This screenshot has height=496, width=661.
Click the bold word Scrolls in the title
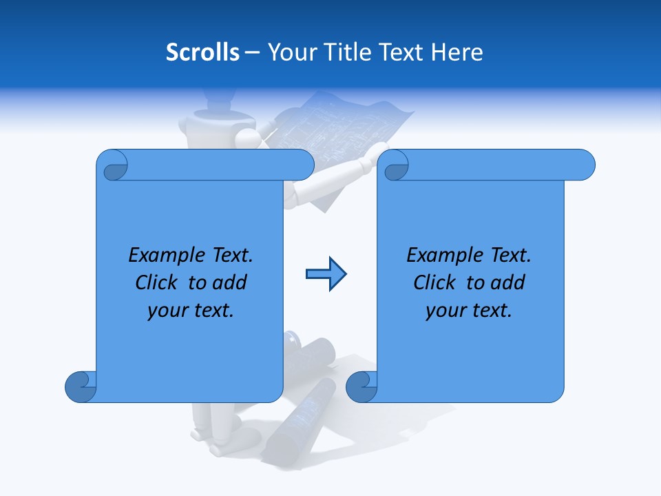[203, 52]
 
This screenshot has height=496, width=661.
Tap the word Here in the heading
[457, 52]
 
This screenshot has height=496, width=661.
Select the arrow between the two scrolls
[326, 274]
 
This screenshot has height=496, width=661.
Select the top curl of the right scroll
[395, 166]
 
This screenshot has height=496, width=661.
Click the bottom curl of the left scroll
[80, 386]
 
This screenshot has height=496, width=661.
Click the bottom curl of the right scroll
[361, 386]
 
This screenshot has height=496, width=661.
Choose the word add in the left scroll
[230, 282]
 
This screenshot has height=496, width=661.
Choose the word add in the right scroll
[508, 282]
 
